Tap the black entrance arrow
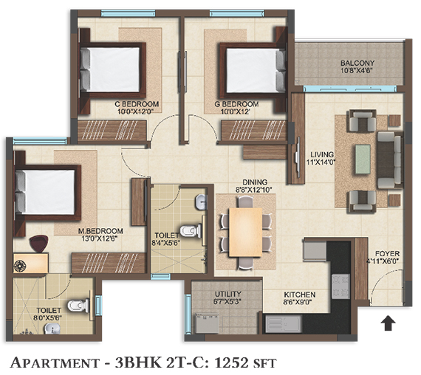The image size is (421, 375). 388,323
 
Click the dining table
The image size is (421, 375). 245,233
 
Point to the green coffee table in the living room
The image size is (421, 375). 363,159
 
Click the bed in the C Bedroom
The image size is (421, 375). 113,70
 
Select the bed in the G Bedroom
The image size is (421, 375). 253,70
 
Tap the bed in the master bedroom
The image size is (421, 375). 48,193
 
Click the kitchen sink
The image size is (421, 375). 284,324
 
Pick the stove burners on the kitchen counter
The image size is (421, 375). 340,286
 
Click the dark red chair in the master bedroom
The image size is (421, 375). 39,243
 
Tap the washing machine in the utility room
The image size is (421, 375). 208,323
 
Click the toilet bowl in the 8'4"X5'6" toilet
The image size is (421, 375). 190,231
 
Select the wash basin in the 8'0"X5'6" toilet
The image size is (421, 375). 52,328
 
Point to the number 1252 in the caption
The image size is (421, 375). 233,363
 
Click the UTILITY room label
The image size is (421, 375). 228,295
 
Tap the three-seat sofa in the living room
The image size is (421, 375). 390,159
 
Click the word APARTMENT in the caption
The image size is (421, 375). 55,363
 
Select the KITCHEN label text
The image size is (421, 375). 299,295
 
